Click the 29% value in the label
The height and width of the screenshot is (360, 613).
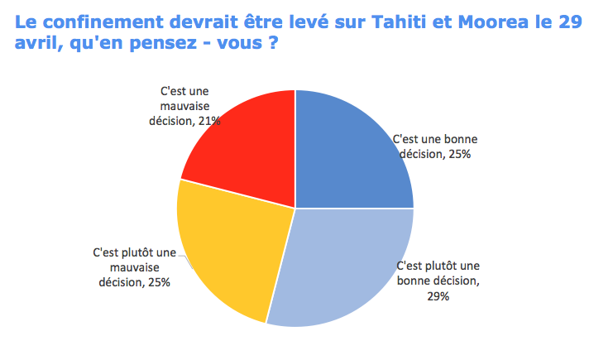438,296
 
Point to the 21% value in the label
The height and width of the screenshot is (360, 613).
208,121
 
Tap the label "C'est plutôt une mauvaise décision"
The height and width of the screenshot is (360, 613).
134,266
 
